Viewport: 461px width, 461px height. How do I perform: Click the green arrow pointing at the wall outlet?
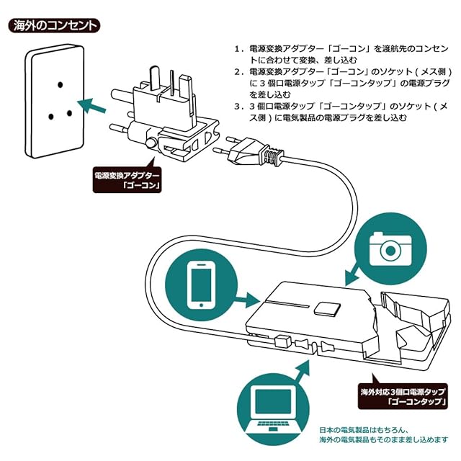[92, 107]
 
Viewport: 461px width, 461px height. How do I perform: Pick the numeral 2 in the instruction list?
[238, 72]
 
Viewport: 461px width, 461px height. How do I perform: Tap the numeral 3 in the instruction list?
[238, 107]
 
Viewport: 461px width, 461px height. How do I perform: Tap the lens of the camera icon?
[390, 250]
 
